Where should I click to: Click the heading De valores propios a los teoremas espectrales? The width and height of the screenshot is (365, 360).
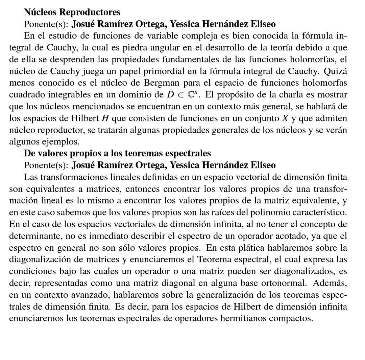[x=117, y=153]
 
